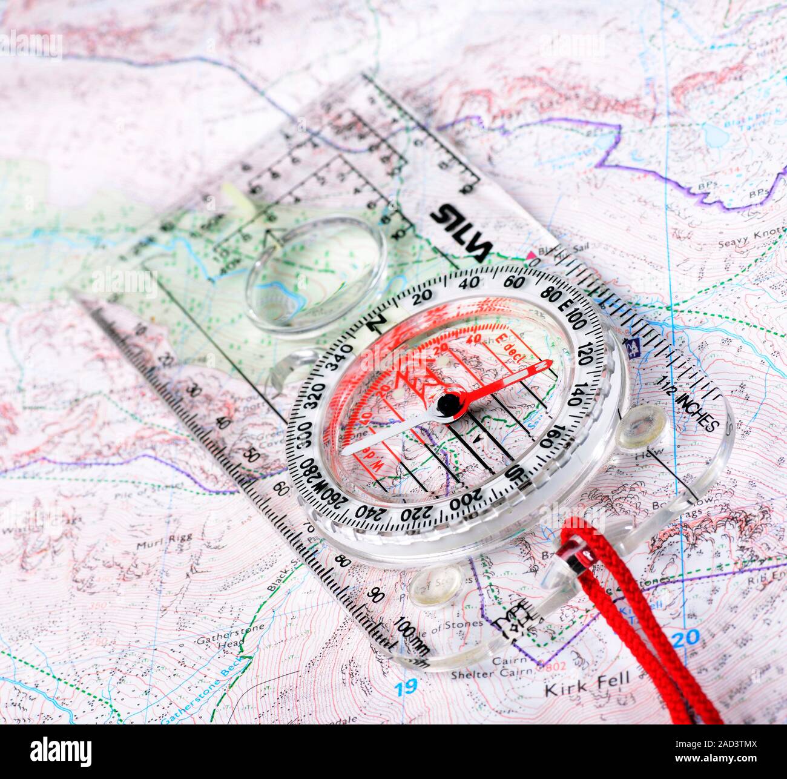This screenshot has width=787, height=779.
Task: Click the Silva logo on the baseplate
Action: pyautogui.click(x=462, y=231)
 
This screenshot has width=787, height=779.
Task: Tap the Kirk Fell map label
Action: pyautogui.click(x=587, y=690)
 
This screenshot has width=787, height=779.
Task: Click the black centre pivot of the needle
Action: pyautogui.click(x=449, y=403)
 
